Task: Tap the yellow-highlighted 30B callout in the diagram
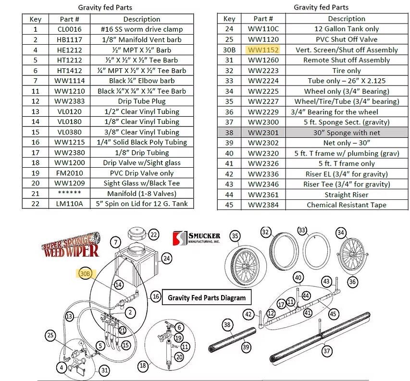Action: coord(86,273)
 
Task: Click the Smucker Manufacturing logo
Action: coord(197,238)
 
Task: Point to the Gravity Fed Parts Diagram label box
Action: coord(206,298)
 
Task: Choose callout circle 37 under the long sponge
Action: coord(327,351)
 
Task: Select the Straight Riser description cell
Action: coord(346,195)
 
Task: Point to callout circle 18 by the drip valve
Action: coord(143,366)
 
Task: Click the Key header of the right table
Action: coord(229,19)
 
